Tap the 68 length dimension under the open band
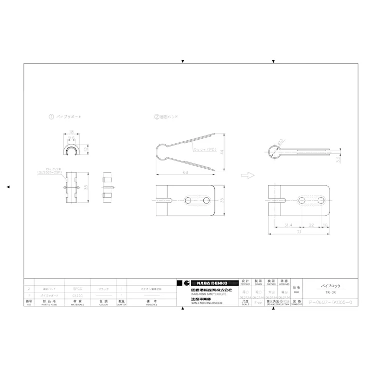pos(185,172)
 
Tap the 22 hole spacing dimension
pos(312,225)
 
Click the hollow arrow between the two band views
pos(248,175)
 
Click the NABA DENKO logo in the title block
pos(206,283)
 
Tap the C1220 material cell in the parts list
pos(78,295)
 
